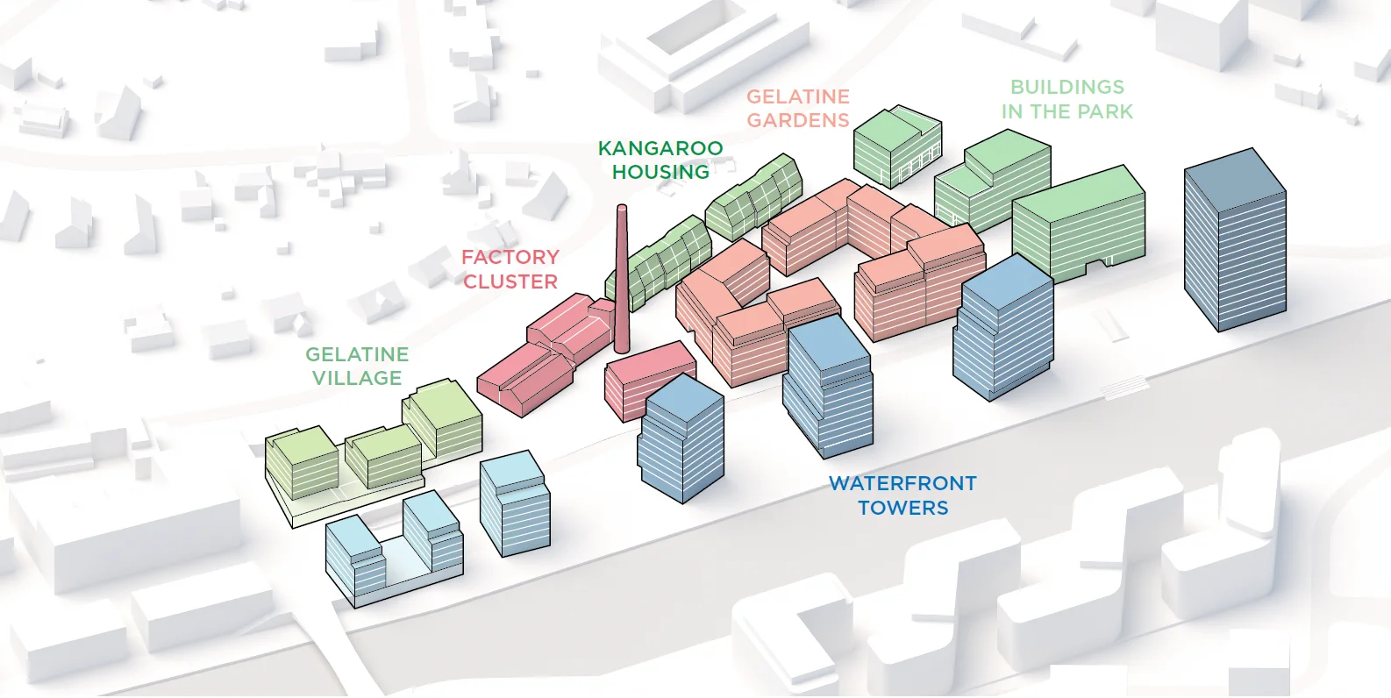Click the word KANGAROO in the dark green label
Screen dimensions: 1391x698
[660, 148]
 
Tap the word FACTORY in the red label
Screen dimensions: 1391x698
[510, 257]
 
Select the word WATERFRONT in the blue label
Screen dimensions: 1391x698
[902, 483]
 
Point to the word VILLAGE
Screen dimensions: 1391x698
[356, 378]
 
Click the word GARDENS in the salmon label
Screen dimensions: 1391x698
[798, 120]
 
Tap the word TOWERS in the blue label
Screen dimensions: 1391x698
[903, 508]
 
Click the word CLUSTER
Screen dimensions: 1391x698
[510, 282]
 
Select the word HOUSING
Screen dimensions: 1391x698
[660, 172]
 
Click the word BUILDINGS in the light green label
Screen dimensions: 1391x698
[1067, 87]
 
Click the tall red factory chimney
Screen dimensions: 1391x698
[622, 280]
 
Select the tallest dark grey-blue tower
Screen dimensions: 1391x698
[1235, 239]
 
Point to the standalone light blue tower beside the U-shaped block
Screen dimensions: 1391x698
[515, 503]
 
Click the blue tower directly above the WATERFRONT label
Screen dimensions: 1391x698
[828, 385]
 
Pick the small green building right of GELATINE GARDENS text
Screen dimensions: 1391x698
[897, 146]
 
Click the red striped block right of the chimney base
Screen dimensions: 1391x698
[650, 380]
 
